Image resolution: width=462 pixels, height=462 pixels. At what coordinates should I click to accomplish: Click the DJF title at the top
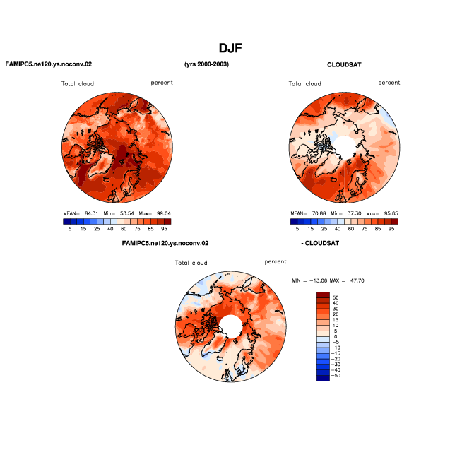click(230, 48)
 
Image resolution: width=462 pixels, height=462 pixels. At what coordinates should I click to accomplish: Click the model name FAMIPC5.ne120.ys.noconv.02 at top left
click(49, 64)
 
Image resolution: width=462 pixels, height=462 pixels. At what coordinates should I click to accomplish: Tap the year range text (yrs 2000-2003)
click(206, 64)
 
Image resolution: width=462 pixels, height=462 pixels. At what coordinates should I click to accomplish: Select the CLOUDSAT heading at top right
click(344, 65)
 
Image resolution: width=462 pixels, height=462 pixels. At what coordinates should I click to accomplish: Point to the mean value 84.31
click(91, 213)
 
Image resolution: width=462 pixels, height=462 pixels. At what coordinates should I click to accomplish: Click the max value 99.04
click(163, 213)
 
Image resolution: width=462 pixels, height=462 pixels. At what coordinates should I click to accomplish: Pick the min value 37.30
click(354, 213)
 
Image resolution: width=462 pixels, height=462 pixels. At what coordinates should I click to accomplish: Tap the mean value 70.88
click(319, 213)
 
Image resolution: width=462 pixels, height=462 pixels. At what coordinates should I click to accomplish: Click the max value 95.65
click(391, 213)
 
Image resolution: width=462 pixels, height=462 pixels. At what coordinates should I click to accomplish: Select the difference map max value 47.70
click(357, 280)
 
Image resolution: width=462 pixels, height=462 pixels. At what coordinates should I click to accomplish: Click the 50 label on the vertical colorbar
click(336, 297)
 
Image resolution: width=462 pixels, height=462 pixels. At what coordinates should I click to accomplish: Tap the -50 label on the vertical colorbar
click(336, 375)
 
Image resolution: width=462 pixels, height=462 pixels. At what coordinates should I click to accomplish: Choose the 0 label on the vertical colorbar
click(336, 336)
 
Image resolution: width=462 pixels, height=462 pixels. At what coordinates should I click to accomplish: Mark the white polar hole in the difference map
click(231, 326)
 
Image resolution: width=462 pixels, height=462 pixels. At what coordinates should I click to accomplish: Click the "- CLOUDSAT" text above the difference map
click(320, 244)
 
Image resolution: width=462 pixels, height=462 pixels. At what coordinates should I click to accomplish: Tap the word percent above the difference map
click(276, 261)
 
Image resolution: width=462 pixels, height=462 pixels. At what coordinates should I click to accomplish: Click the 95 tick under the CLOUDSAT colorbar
click(391, 229)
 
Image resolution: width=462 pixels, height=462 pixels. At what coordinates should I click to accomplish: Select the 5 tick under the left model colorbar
click(70, 229)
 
